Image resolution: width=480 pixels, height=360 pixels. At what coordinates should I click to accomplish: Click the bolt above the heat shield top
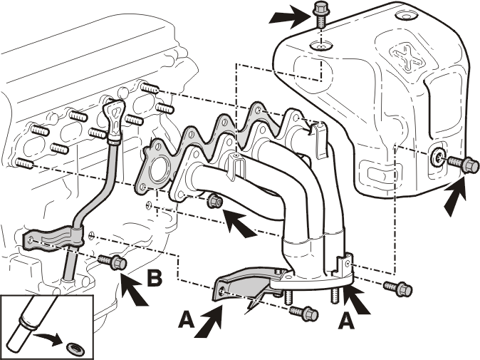click(x=320, y=14)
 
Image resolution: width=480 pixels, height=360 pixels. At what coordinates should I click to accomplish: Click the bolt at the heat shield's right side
click(x=463, y=164)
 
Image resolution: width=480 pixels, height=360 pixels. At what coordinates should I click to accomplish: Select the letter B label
click(x=155, y=278)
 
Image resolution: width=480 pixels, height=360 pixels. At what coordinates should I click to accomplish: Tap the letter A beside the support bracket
click(x=187, y=320)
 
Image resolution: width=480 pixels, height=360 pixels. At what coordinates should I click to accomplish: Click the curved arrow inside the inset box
click(x=49, y=338)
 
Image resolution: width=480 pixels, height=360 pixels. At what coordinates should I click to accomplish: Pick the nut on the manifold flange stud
click(x=215, y=202)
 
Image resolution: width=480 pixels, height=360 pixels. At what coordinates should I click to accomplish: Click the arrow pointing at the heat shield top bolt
click(x=289, y=18)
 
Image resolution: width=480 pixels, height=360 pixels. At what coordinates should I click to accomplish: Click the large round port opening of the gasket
click(x=158, y=170)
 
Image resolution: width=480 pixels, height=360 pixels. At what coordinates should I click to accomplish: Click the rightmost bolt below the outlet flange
click(x=398, y=288)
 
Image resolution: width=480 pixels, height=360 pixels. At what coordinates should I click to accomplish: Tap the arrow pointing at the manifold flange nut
click(x=240, y=222)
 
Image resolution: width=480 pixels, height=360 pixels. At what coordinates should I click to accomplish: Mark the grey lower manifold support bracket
click(x=245, y=286)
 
